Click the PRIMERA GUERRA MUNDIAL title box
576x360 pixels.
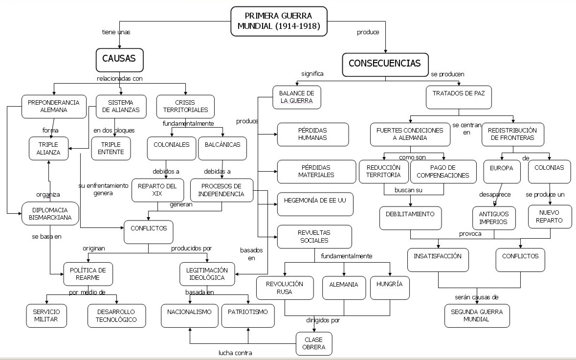click(x=278, y=22)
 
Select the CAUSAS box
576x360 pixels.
click(x=119, y=59)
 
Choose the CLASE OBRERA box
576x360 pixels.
click(x=314, y=343)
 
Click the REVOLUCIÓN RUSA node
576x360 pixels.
click(x=285, y=288)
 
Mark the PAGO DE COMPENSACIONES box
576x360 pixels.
click(x=443, y=171)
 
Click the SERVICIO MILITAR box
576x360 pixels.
click(x=46, y=315)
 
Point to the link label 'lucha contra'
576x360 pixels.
click(x=236, y=353)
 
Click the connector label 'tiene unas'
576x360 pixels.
click(x=116, y=32)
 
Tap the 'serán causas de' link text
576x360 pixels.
click(x=477, y=297)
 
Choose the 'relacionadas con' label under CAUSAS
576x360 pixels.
click(x=120, y=78)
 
